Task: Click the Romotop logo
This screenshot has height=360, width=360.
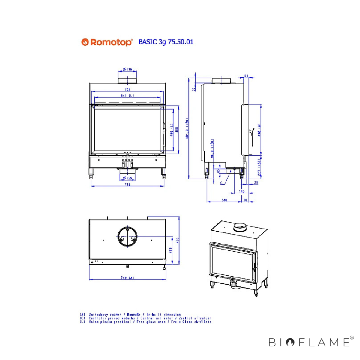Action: point(107,42)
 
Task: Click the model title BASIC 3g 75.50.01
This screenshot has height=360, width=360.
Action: point(166,42)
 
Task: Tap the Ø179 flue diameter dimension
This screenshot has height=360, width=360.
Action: point(127,70)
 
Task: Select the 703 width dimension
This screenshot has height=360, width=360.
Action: point(127,89)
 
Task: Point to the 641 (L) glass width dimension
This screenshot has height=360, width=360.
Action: point(127,95)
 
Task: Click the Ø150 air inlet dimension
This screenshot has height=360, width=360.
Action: point(127,178)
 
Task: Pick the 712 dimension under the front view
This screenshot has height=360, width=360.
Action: point(127,184)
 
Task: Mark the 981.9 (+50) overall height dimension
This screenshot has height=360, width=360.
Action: point(187,128)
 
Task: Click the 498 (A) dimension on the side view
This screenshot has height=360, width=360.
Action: point(259,130)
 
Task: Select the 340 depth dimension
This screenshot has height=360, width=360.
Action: point(224,200)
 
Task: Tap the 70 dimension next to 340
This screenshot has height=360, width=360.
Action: point(245,200)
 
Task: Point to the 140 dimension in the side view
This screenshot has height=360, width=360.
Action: point(241,191)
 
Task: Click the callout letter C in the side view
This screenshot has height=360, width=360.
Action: point(222,183)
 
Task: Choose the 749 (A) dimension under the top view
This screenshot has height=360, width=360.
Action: point(127,278)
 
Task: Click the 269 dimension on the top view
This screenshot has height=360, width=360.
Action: point(170,250)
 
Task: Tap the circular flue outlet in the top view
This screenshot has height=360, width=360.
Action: point(127,237)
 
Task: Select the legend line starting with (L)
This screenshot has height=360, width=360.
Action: point(145,322)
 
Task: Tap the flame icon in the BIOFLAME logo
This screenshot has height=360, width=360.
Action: point(290,342)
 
